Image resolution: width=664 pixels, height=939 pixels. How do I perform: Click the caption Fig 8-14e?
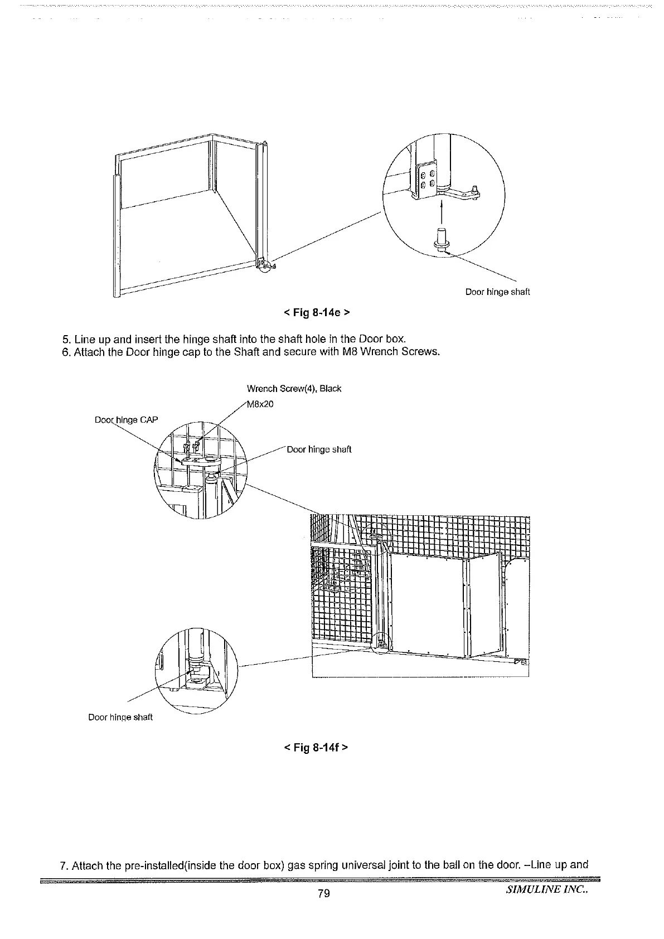point(316,312)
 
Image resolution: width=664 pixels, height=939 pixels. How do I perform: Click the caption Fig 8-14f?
point(316,746)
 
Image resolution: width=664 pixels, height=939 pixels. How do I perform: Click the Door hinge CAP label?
point(127,420)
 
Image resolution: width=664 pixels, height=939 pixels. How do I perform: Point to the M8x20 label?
point(260,404)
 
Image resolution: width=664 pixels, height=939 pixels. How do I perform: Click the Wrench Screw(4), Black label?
point(294,389)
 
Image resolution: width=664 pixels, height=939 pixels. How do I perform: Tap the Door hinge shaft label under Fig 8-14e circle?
point(497,292)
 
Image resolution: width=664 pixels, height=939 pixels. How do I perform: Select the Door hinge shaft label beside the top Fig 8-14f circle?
point(319,449)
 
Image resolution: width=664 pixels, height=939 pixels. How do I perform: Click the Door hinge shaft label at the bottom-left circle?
point(120,717)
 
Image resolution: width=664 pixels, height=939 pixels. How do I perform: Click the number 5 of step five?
point(65,339)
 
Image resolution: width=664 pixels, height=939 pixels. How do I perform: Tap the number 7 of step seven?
point(63,866)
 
